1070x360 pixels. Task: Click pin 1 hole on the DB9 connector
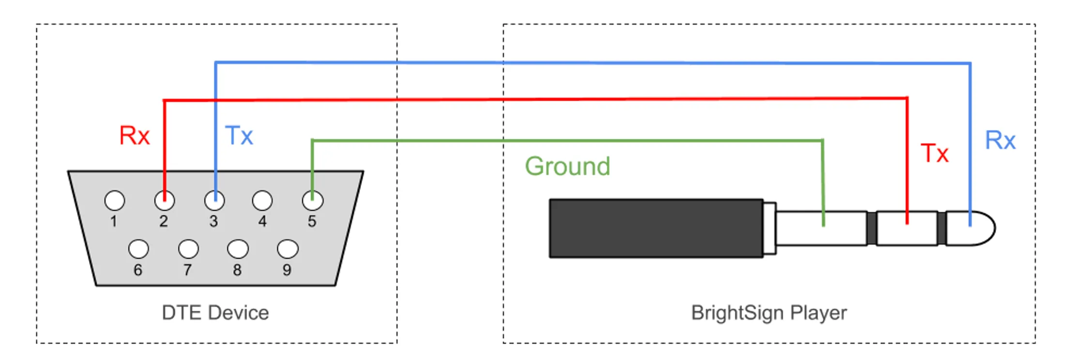tap(115, 200)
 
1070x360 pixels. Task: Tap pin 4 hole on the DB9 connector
tap(262, 200)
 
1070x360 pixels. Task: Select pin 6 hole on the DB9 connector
tap(138, 249)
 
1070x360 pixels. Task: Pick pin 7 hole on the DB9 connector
tap(188, 249)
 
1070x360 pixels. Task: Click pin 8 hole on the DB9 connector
tap(238, 249)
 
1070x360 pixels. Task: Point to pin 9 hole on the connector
tap(287, 249)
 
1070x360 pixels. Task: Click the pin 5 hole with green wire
tap(313, 200)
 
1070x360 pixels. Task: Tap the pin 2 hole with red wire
tap(165, 200)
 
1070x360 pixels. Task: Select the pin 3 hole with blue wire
tap(214, 200)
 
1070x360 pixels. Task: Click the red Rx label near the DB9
tap(135, 135)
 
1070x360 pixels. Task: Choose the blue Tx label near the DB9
tap(239, 135)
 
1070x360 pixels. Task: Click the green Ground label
tap(568, 166)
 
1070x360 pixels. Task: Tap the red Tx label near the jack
tap(934, 153)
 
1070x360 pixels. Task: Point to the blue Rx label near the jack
tap(1000, 140)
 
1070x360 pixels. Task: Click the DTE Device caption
tap(215, 313)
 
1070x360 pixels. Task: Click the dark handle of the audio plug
tap(656, 228)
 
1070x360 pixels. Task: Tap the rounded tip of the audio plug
tap(970, 228)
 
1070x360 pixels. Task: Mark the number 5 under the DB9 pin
tap(312, 222)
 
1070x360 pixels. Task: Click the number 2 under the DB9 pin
tap(164, 222)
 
